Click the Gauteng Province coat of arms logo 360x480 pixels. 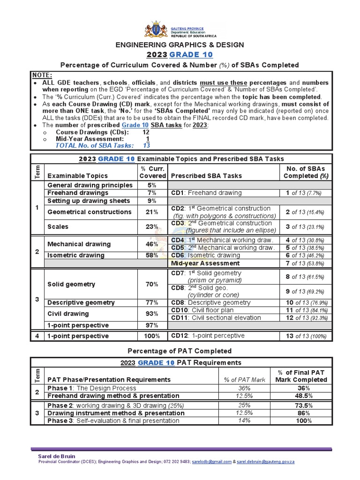[155, 29]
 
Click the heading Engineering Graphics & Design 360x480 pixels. [180, 45]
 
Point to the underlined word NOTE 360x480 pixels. [42, 75]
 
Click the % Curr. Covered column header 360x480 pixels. [153, 172]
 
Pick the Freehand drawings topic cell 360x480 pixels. [78, 193]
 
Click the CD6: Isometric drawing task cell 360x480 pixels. [206, 255]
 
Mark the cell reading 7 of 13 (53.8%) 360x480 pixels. [306, 263]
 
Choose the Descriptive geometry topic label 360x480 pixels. [81, 302]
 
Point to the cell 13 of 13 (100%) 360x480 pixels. [306, 336]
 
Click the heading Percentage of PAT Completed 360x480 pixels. [180, 351]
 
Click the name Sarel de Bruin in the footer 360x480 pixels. [56, 456]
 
